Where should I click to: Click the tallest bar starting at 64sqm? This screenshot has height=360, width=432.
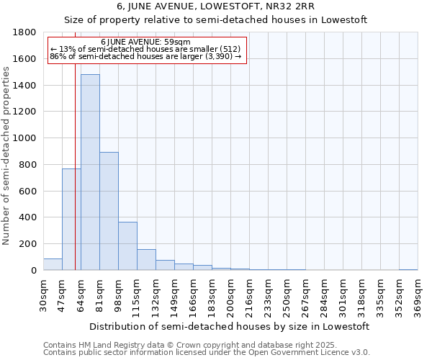[x=90, y=173]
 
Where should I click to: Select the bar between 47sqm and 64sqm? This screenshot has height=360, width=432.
[x=71, y=220]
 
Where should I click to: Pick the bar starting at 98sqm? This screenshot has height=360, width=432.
[x=127, y=246]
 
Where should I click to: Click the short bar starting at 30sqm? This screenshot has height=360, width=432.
[x=53, y=264]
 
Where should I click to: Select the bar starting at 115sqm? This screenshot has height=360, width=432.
[x=146, y=260]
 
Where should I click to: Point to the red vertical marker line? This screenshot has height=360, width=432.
[x=75, y=166]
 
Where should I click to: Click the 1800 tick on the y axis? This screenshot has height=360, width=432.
[x=27, y=32]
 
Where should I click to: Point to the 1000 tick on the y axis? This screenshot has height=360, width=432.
[x=27, y=138]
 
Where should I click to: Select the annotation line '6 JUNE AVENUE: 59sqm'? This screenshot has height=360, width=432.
[x=145, y=42]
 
